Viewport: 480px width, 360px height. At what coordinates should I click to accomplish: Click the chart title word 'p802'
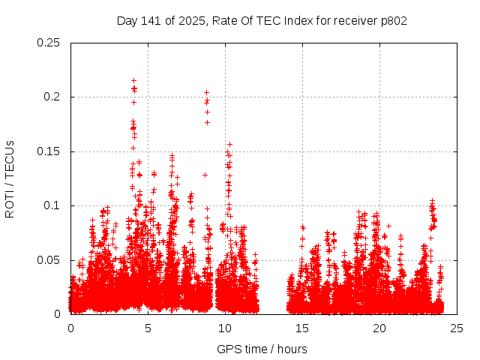[393, 21]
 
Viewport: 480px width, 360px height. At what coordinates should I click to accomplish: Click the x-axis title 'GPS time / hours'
[262, 349]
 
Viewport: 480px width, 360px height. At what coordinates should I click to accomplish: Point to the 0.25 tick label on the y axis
[49, 43]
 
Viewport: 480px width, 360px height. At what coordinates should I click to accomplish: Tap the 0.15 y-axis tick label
[49, 151]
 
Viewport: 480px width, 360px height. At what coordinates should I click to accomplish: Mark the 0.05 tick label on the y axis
[49, 260]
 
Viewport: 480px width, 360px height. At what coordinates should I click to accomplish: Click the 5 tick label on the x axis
[148, 328]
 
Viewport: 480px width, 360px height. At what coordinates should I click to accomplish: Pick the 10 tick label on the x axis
[225, 328]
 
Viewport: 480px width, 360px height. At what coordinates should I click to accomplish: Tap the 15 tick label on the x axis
[302, 328]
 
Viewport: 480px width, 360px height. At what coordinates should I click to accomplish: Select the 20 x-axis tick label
[379, 328]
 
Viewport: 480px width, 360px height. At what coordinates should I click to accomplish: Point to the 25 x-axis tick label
[457, 328]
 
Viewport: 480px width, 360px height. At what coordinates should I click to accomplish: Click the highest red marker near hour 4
[133, 80]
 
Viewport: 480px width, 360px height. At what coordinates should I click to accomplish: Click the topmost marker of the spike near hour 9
[206, 93]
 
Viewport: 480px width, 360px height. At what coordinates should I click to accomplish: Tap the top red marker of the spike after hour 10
[229, 144]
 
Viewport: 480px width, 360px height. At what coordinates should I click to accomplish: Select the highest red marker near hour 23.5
[432, 201]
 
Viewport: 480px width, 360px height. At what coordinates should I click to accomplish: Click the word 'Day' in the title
[127, 21]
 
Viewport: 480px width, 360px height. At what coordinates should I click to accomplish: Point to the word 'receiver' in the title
[351, 21]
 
